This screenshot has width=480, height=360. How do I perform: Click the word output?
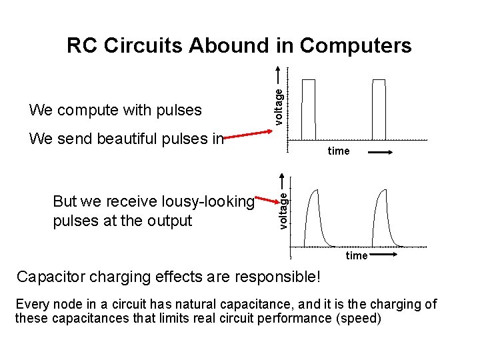pyautogui.click(x=169, y=221)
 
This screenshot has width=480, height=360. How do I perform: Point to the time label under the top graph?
pyautogui.click(x=339, y=151)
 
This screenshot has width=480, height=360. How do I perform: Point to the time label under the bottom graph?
pyautogui.click(x=357, y=256)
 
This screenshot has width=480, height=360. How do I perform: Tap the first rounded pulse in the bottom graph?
pyautogui.click(x=315, y=220)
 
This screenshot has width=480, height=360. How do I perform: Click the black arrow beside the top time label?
pyautogui.click(x=386, y=153)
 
